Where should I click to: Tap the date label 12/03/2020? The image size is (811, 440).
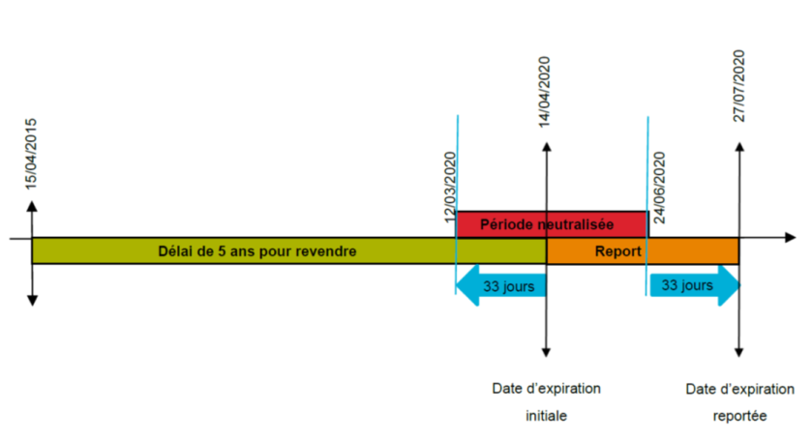(450, 188)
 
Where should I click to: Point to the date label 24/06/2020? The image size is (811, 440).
(659, 188)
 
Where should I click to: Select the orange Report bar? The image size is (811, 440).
(643, 250)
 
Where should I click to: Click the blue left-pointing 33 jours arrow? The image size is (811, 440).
(500, 286)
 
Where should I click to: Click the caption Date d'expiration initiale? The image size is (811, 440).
(546, 402)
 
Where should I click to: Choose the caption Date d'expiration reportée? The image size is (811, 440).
(739, 402)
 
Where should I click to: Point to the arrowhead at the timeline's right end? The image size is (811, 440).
(791, 237)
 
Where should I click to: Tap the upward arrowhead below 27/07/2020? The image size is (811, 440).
(739, 147)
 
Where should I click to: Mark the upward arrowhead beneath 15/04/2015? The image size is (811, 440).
(32, 206)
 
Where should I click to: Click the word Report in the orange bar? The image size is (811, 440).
(617, 250)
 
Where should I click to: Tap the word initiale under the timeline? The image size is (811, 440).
(546, 417)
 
